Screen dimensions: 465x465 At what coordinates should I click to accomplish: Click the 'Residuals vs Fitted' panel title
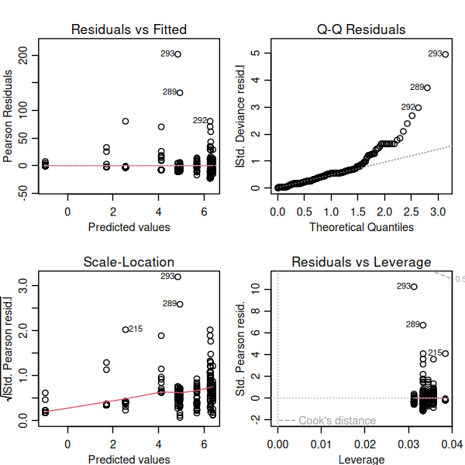129,29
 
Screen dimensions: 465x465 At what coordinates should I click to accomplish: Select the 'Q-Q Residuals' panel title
361,29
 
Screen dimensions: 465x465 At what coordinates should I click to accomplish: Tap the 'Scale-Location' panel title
129,262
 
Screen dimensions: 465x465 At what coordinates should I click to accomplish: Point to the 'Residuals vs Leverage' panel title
361,262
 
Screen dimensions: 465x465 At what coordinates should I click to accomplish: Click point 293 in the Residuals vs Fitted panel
178,54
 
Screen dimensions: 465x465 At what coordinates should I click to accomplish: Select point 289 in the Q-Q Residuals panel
427,88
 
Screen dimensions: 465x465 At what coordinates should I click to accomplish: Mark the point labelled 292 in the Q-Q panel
418,108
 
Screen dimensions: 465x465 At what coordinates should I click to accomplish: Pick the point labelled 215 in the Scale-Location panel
126,329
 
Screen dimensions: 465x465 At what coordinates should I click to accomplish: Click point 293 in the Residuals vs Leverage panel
414,287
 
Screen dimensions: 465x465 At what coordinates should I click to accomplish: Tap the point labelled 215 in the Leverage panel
445,353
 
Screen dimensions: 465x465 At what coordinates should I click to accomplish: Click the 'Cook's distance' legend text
337,421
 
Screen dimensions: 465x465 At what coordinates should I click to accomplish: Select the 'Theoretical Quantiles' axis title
361,227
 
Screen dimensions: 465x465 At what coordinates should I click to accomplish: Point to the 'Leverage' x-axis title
361,460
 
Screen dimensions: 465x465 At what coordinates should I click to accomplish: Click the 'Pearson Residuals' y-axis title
8,116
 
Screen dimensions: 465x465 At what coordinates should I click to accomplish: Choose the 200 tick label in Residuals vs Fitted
24,56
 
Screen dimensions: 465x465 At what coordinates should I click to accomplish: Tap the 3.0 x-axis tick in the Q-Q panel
439,211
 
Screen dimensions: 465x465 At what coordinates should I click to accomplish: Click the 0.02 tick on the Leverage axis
362,443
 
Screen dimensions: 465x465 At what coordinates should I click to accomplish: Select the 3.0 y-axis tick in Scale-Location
24,286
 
